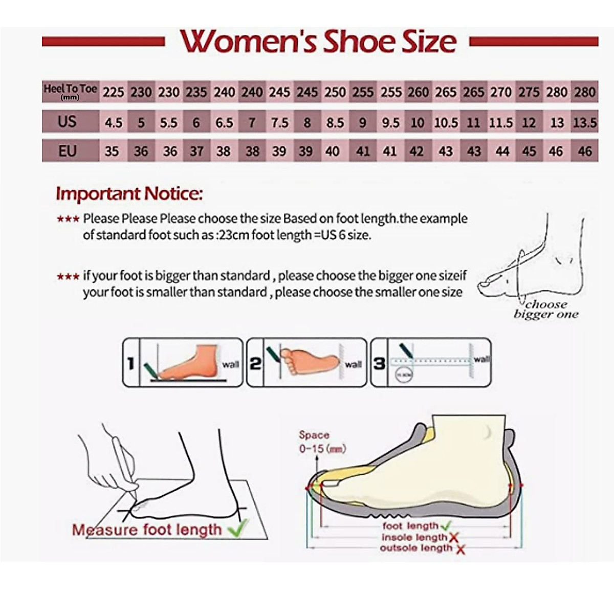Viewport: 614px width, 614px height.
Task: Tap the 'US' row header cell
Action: point(67,122)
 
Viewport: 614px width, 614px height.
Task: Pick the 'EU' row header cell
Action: point(67,151)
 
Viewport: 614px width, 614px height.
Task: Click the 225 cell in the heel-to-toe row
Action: point(113,92)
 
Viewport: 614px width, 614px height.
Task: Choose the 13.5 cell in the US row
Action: point(584,123)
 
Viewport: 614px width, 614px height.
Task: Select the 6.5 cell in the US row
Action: point(224,123)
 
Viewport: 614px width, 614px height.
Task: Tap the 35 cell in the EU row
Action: point(112,151)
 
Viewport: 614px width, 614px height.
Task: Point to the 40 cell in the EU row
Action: point(333,151)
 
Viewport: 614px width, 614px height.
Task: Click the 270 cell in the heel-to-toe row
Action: point(500,92)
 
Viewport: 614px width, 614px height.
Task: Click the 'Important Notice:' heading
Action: point(129,194)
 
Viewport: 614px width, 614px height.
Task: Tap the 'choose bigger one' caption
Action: point(546,310)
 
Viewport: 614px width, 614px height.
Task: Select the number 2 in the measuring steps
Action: point(255,363)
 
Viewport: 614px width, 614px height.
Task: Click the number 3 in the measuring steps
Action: point(379,363)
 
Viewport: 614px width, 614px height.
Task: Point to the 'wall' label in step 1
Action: point(230,364)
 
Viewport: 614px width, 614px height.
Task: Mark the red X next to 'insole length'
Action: point(453,537)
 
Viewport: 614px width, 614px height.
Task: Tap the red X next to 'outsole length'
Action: point(460,549)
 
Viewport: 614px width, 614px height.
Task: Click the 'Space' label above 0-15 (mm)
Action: point(314,435)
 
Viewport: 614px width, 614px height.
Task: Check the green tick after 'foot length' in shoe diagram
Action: point(445,525)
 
